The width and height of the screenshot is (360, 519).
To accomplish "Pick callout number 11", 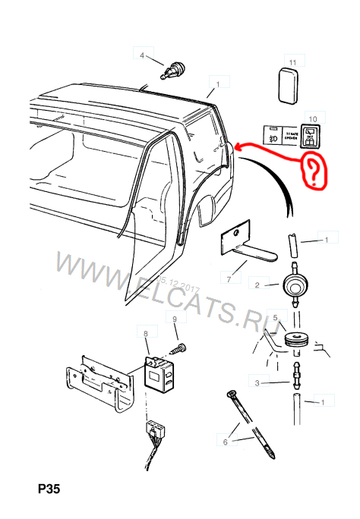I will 293,60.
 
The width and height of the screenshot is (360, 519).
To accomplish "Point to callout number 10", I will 310,118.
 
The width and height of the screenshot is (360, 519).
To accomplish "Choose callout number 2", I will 257,285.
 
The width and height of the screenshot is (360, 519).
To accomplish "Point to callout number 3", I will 257,383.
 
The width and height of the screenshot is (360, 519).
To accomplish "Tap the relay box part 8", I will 160,373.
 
